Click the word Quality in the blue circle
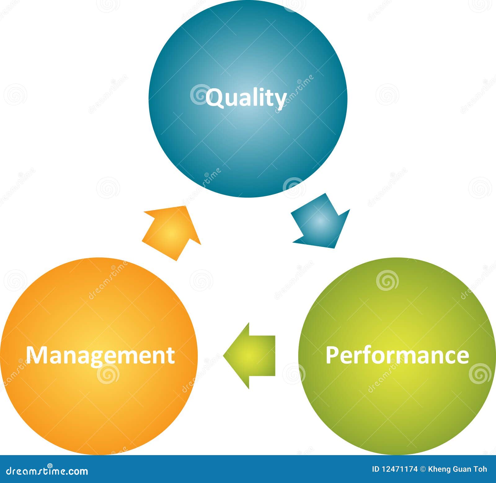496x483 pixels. point(246,98)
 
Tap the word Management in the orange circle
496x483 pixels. point(100,355)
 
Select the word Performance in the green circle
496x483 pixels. point(397,355)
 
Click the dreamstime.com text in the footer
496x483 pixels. point(47,471)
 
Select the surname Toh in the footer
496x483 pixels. point(480,469)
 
